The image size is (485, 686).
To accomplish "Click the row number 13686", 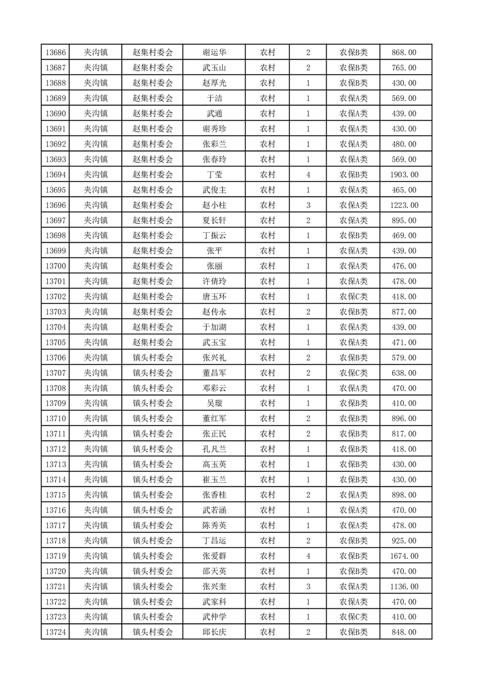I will coord(56,53).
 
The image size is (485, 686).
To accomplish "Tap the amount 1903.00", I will coord(404,175).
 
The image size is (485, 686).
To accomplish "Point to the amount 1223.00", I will coord(404,205).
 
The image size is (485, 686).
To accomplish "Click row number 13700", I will coord(56,266).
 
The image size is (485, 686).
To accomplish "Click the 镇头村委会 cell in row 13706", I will coord(153,358).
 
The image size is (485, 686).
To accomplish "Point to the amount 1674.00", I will coord(404,556).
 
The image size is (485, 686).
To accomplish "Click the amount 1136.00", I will coord(404,586).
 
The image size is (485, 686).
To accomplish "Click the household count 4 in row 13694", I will coord(308,175).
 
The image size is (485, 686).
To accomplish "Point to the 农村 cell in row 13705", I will coord(267,342).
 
